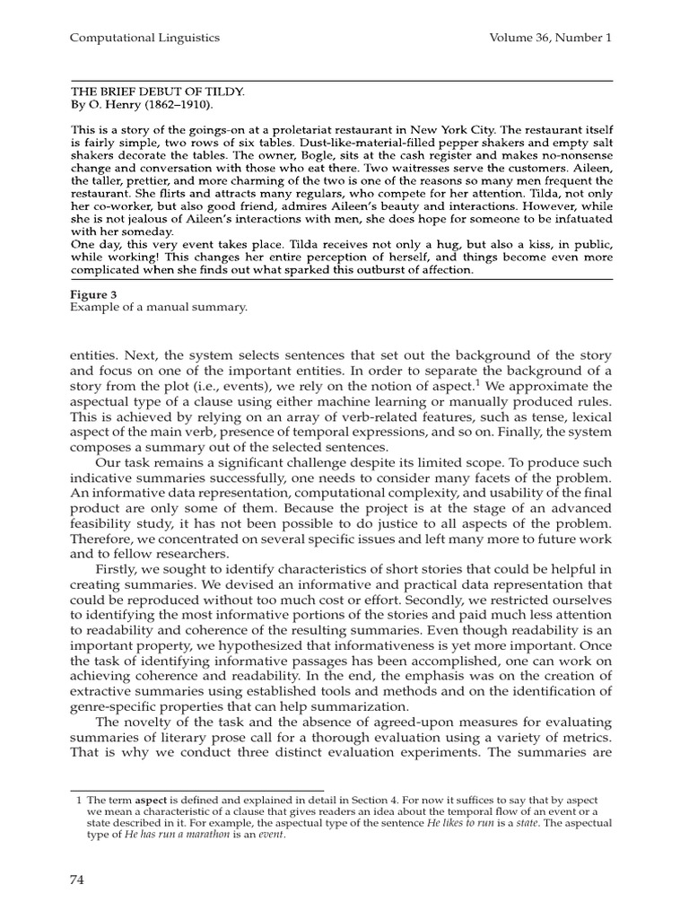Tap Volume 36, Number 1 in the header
pos(551,38)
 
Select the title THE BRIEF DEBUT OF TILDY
pos(157,92)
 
